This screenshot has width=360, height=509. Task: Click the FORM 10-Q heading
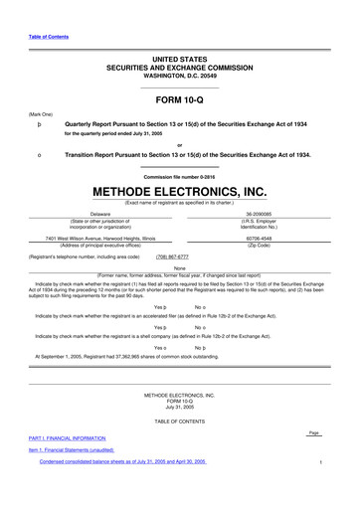click(179, 99)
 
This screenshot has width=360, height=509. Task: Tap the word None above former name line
click(179, 267)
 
